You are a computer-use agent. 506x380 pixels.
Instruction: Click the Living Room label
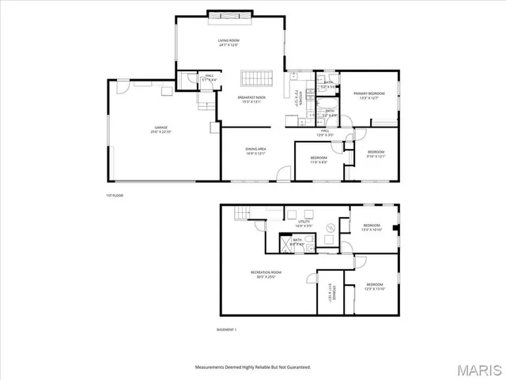[x=228, y=42]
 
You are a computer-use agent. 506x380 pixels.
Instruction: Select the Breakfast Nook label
[x=251, y=99]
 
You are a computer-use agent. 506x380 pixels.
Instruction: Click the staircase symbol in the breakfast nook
[x=256, y=78]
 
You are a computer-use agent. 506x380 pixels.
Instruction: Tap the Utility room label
[x=304, y=224]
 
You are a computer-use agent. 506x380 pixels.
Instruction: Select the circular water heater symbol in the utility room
[x=331, y=227]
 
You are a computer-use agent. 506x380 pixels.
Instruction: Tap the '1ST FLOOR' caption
[x=115, y=195]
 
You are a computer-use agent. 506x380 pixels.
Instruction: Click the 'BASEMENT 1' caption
[x=226, y=329]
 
